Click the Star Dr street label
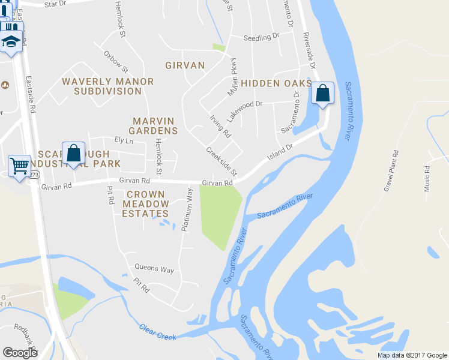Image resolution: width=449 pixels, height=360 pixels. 55,4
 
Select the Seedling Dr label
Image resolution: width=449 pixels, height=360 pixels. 262,37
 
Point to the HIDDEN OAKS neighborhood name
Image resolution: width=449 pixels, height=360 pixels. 277,83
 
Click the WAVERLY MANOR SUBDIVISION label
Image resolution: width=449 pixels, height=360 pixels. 108,86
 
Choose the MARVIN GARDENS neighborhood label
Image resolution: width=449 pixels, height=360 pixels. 155,126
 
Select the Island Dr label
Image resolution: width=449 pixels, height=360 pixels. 280,151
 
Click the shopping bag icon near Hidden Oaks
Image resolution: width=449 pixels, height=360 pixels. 322,94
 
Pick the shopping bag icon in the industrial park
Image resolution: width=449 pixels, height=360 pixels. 73,153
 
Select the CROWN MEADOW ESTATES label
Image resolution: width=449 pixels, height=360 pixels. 146,204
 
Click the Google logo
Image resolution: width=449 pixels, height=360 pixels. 20,353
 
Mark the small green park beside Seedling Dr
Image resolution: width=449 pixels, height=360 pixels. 219,47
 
